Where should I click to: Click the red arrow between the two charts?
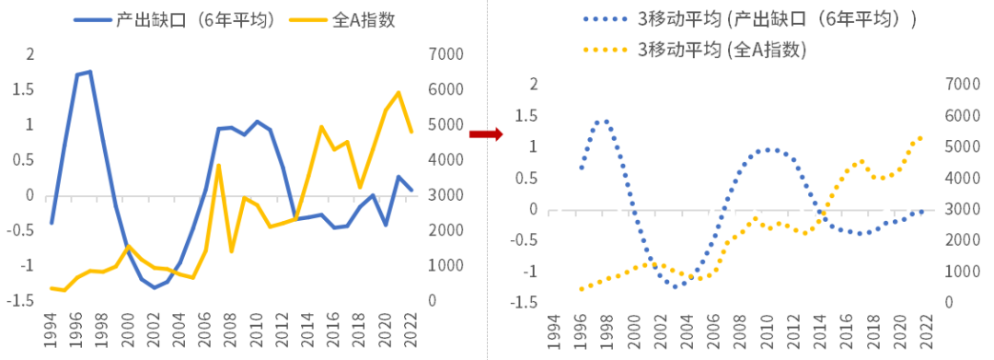tap(485, 134)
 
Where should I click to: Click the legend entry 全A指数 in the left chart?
tap(342, 19)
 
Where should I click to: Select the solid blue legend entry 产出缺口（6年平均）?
tap(175, 19)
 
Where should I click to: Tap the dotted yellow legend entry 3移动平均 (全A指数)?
tap(695, 50)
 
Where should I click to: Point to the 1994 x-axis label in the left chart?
tap(52, 330)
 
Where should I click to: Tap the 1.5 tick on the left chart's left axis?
tap(23, 90)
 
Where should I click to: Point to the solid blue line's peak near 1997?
tap(90, 72)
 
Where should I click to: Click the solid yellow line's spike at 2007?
tap(218, 166)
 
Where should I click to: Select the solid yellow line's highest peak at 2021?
tap(399, 93)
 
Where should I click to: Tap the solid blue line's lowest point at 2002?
tap(154, 288)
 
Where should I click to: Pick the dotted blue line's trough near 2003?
tap(676, 287)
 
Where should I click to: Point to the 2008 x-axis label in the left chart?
tap(231, 330)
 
